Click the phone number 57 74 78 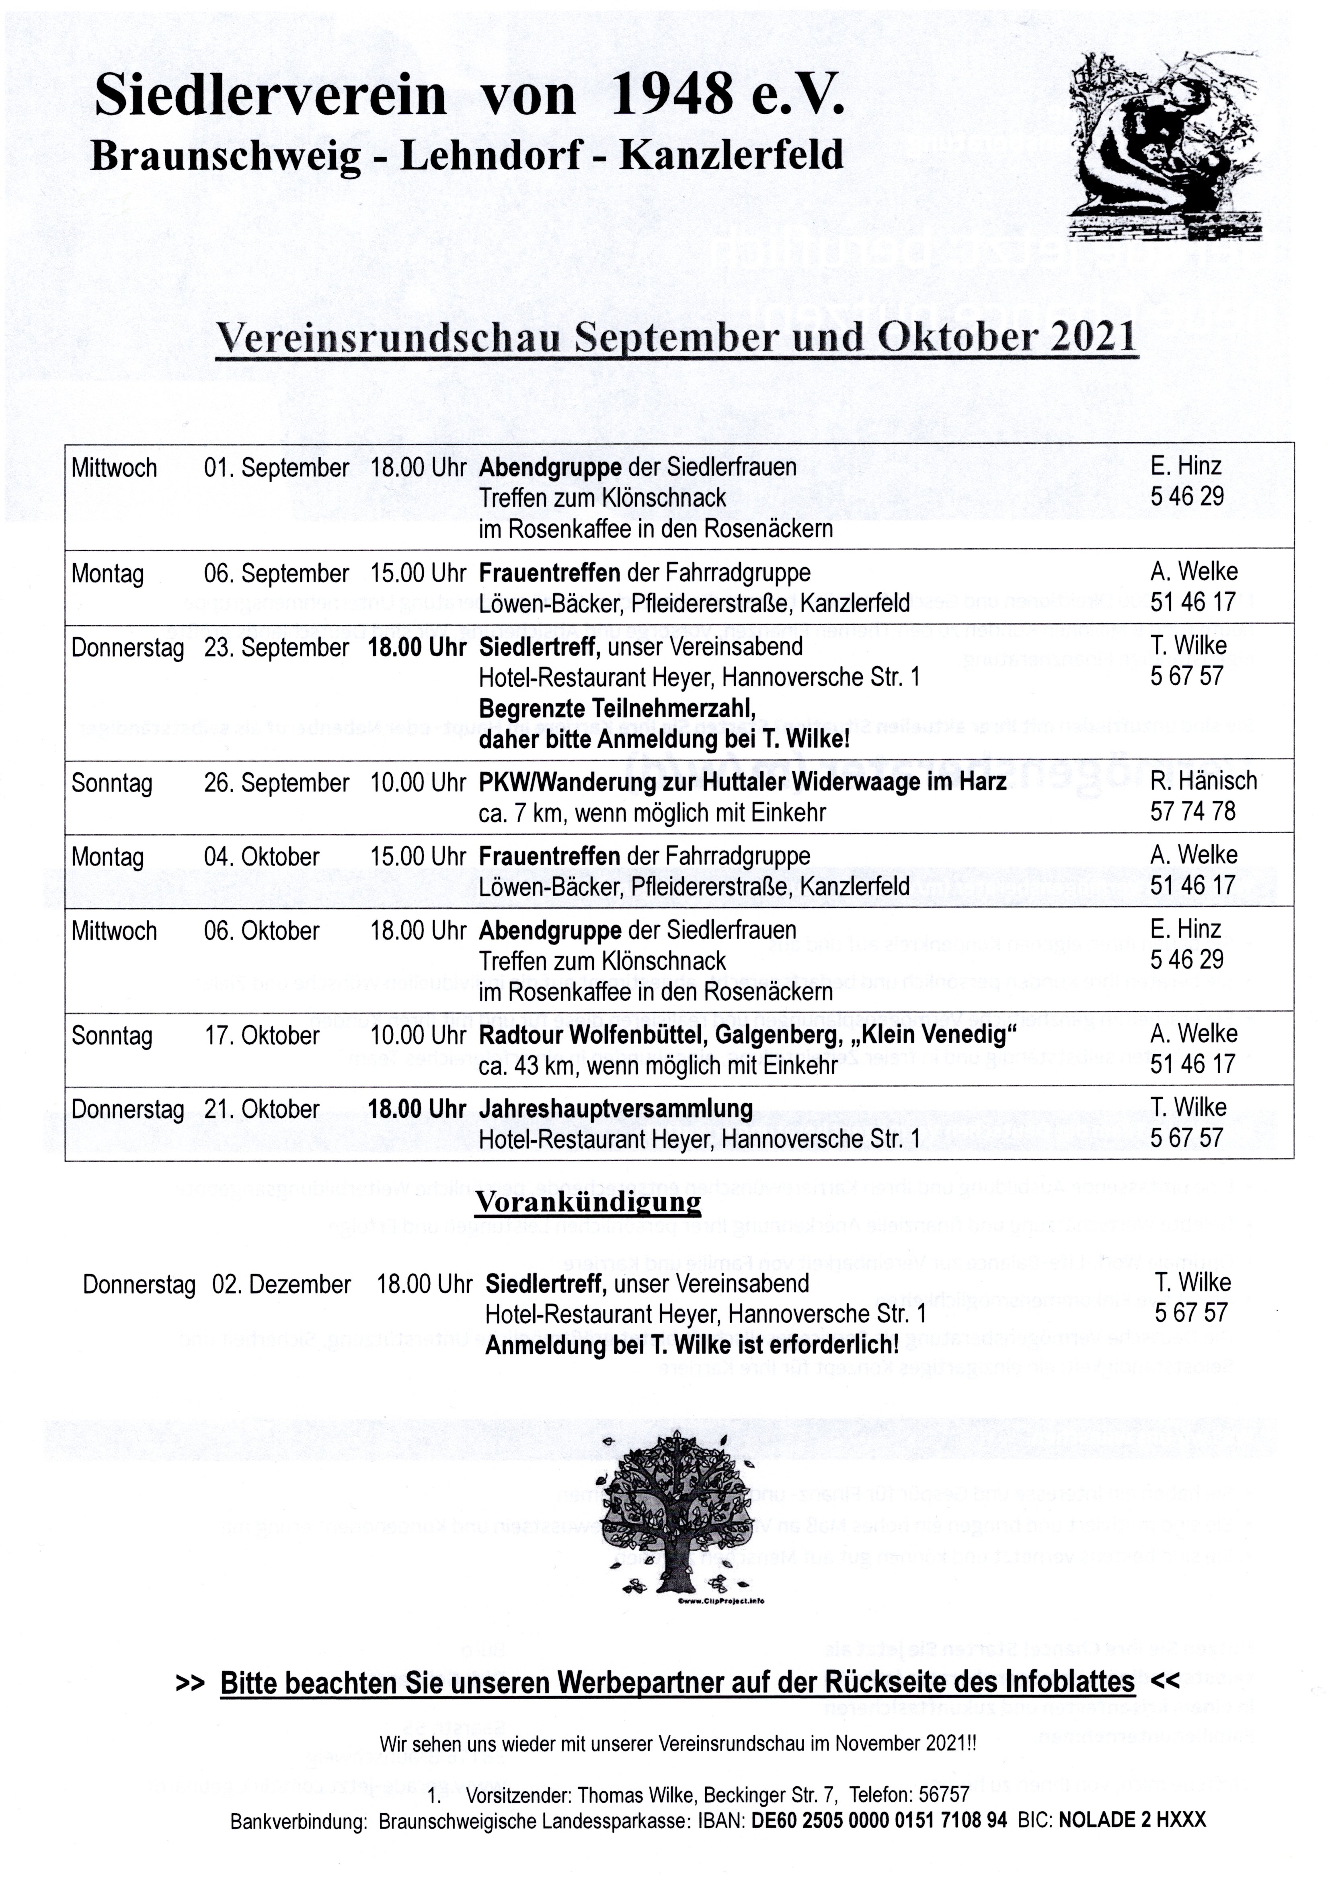click(x=1192, y=811)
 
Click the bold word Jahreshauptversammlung click(x=616, y=1109)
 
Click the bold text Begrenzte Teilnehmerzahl click(x=617, y=708)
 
